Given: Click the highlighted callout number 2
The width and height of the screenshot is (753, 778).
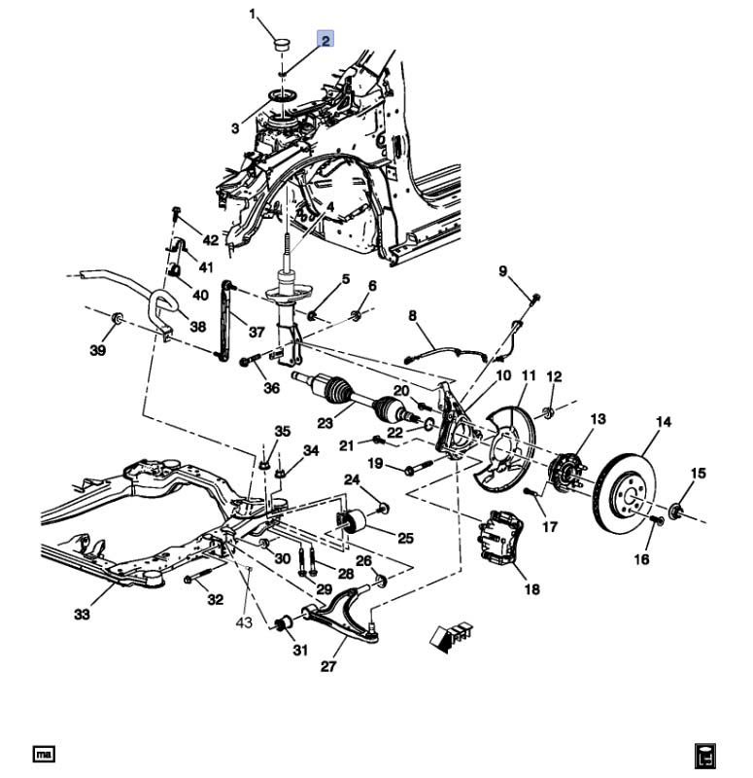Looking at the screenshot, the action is click(x=325, y=39).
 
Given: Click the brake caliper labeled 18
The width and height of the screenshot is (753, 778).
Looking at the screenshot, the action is click(x=499, y=538).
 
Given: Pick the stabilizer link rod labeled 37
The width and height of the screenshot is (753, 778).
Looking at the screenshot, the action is click(x=226, y=320).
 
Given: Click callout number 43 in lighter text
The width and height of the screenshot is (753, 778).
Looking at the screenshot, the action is click(x=244, y=622).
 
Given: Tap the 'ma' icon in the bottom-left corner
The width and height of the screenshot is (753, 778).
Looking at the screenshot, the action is click(x=44, y=755).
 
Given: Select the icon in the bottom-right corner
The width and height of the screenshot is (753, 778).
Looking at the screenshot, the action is click(x=705, y=756).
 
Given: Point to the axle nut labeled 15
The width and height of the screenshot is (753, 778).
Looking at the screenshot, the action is click(x=675, y=511).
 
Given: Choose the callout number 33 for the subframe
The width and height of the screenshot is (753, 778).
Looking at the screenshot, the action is click(x=82, y=615).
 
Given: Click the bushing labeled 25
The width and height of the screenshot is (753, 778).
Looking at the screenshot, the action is click(x=352, y=521).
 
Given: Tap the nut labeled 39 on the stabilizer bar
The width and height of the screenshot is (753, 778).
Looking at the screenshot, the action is click(x=117, y=317).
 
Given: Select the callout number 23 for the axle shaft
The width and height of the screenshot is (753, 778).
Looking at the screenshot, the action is click(x=325, y=423).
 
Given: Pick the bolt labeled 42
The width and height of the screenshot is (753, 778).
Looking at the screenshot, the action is click(x=176, y=212).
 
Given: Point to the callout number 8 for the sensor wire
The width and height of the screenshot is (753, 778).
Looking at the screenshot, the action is click(x=412, y=315).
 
